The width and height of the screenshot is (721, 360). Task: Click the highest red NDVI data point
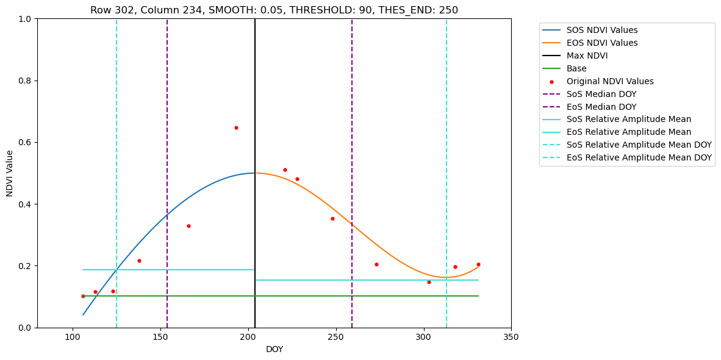point(236,128)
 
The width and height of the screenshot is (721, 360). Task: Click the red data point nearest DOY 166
point(188,226)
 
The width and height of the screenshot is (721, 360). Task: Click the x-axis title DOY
point(274,350)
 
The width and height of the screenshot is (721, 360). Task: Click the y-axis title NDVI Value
point(10,173)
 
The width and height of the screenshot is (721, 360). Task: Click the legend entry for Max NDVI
point(587,56)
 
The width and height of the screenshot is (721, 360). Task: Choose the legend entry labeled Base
point(576,68)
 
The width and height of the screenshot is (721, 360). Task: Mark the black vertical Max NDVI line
point(255,183)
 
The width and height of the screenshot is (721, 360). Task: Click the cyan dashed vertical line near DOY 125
point(117,183)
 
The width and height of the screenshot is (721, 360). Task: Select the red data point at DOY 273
point(376,264)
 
